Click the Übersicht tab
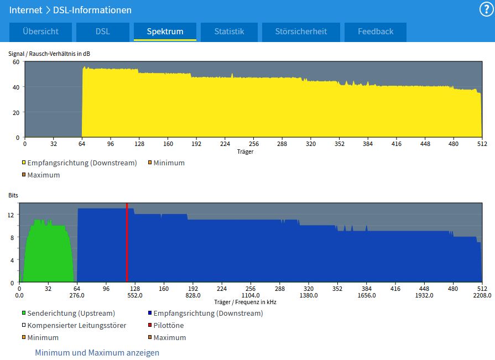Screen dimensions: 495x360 pos(40,32)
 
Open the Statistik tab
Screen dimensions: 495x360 pos(229,32)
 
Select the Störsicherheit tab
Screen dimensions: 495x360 pos(301,32)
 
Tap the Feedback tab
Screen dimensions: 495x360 pos(376,32)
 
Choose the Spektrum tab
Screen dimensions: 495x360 pos(165,32)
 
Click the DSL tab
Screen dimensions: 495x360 pos(103,32)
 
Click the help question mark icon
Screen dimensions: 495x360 pos(486,9)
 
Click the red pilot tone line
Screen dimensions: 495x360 pos(127,242)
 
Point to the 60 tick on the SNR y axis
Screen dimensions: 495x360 pos(16,62)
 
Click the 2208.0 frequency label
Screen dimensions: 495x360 pos(482,295)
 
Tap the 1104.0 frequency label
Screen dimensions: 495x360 pos(251,295)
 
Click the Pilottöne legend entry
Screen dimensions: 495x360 pos(166,325)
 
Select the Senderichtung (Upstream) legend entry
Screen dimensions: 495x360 pos(68,314)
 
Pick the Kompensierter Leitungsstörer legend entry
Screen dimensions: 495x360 pos(74,325)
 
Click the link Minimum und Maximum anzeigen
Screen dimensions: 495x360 pos(97,352)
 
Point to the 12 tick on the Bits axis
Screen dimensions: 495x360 pos(11,215)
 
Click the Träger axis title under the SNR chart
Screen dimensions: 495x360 pos(246,152)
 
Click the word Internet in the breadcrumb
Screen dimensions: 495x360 pos(25,10)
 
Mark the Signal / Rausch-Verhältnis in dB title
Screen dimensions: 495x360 pos(49,54)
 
